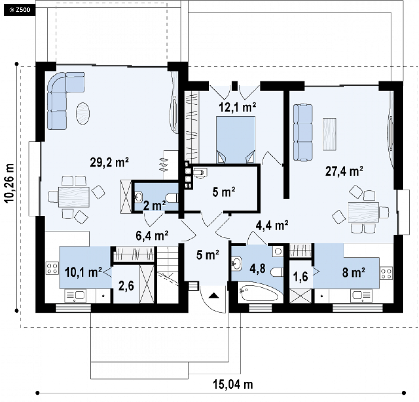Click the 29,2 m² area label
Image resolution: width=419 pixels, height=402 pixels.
tap(109, 162)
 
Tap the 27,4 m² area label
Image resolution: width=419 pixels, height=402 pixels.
tap(344, 171)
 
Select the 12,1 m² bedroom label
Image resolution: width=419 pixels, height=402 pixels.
tap(237, 107)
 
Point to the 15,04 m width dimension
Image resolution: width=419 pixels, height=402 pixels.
tap(233, 384)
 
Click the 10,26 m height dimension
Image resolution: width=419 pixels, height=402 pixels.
tap(10, 183)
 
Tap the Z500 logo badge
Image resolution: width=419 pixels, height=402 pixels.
tap(19, 10)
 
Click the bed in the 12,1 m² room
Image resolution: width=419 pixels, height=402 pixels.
tap(235, 139)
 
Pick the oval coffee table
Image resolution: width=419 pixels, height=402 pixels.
tap(83, 113)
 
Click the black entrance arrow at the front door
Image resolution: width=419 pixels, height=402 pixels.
tap(214, 295)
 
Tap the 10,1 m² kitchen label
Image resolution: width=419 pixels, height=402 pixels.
tap(83, 272)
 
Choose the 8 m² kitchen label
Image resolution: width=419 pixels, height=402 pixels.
tap(354, 273)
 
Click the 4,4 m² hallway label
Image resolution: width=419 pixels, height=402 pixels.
tap(272, 225)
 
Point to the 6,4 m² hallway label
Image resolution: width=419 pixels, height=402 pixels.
tap(152, 236)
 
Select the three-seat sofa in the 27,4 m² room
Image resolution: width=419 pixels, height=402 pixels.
tap(303, 133)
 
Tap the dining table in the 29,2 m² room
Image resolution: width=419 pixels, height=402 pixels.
tap(74, 197)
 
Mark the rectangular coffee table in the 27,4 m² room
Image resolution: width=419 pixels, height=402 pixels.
tap(329, 134)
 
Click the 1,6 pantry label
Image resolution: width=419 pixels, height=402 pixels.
tap(301, 276)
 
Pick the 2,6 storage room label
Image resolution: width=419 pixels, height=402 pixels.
tap(126, 286)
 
